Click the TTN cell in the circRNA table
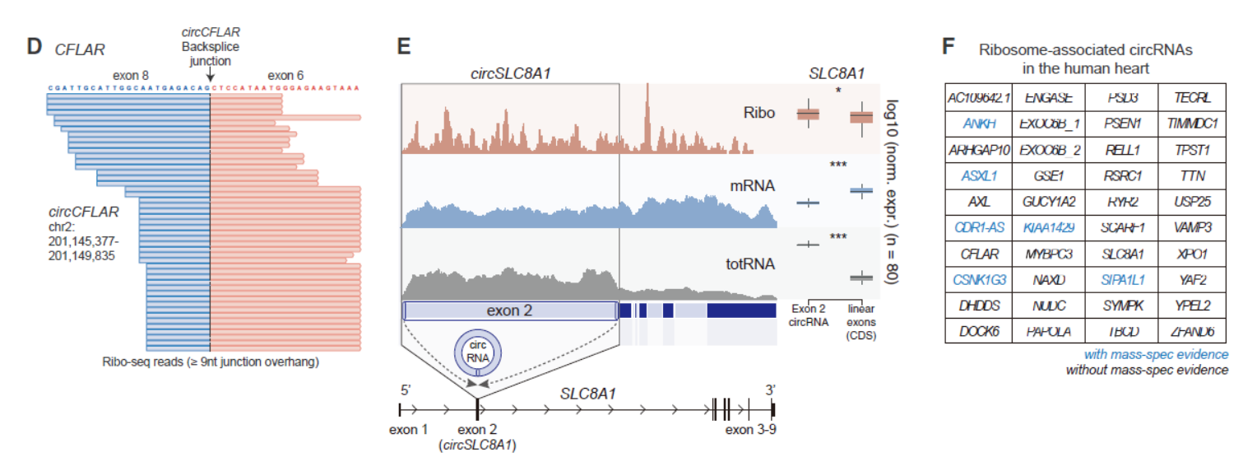pos(1190,175)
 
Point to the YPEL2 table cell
pos(1190,306)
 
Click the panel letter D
pos(35,47)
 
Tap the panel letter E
pos(404,47)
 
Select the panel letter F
pos(949,47)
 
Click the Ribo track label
pos(758,113)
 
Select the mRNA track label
pos(753,186)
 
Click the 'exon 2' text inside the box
pos(510,310)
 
